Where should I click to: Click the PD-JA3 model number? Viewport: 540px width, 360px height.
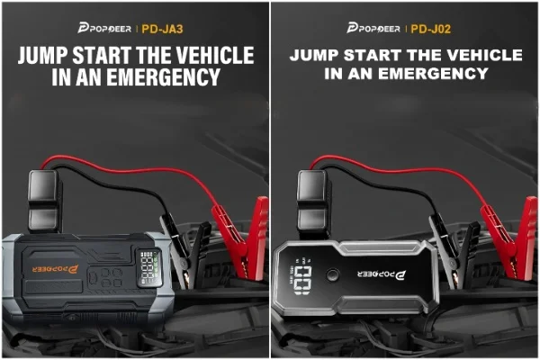pos(162,29)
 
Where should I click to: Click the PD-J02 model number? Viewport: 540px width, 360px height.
pos(431,29)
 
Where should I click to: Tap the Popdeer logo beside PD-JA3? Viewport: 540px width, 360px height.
pos(104,28)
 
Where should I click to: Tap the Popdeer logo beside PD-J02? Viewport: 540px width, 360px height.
pos(373,28)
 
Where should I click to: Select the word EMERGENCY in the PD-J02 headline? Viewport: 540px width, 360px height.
pos(434,74)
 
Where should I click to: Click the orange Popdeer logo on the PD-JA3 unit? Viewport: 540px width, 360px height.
pos(56,269)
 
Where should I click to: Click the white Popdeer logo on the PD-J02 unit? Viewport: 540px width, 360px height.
pos(382,274)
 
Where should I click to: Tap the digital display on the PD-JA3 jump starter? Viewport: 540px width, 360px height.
pos(149,267)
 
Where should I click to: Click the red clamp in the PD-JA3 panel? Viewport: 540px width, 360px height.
pos(241,237)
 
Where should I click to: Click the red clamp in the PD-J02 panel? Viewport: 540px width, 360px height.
pos(509,238)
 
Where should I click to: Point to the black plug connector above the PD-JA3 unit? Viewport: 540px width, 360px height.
pos(44,201)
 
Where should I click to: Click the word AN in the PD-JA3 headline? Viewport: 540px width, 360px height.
pos(88,76)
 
